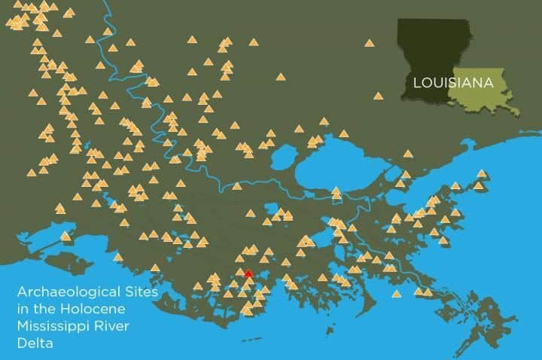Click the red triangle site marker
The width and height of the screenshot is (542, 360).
point(248,275)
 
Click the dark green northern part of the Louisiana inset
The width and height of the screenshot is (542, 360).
point(433,45)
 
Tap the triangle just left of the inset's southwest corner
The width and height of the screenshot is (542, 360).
point(378,96)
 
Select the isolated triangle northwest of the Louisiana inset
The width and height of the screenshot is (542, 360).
point(369,43)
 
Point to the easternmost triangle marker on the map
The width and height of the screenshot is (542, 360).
point(481,173)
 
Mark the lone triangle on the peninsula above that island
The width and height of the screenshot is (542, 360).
point(65,236)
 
